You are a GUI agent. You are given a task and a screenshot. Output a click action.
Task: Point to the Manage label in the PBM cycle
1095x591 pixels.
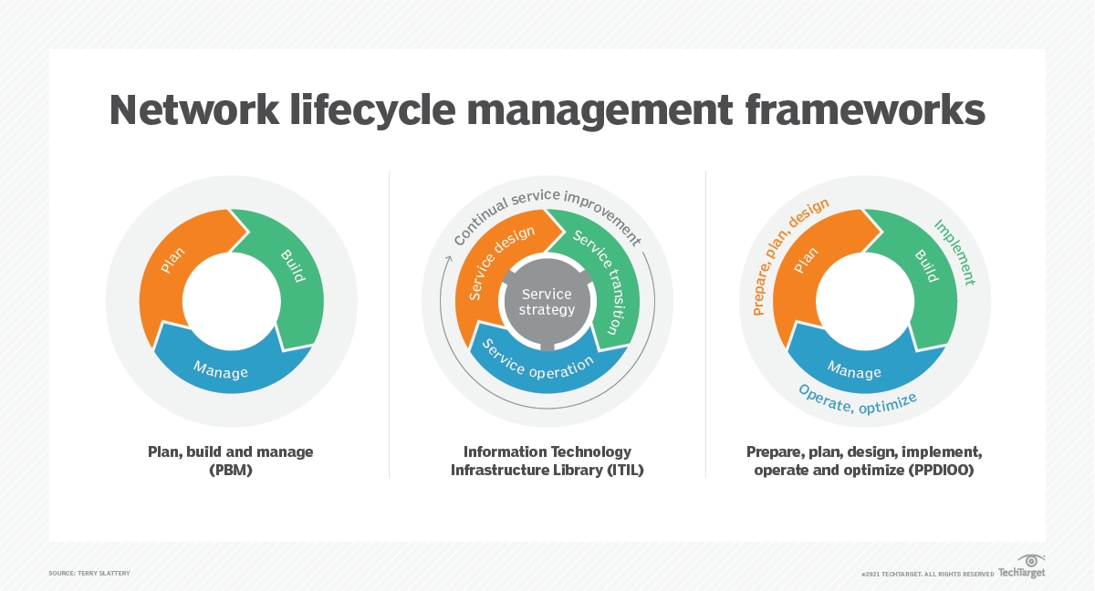pos(220,371)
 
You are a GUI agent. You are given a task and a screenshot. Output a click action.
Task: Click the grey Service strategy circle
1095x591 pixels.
pos(547,302)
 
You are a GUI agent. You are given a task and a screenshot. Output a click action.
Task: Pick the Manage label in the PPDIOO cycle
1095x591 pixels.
pos(854,369)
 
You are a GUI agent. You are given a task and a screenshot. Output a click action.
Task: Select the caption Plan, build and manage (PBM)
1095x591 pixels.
pos(231,461)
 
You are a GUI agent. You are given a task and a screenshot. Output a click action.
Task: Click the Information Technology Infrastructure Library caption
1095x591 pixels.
pos(547,461)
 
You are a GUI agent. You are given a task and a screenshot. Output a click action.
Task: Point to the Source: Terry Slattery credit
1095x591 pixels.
pos(89,573)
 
